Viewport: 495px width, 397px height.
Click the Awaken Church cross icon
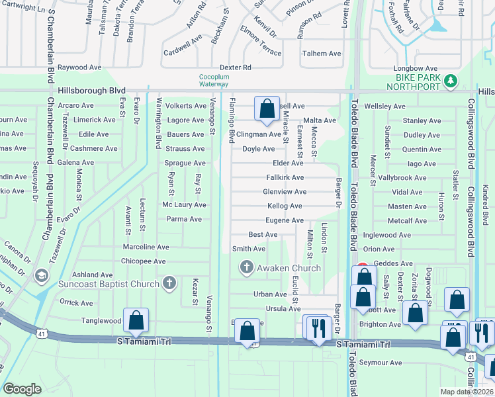coord(246,268)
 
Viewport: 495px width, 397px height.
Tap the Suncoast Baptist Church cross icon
coord(169,284)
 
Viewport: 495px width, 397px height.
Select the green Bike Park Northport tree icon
coord(451,80)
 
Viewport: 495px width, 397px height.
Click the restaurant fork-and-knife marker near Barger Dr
coord(318,326)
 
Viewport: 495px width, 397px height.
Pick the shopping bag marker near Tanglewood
coord(136,321)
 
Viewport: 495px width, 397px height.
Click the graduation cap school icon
coord(42,275)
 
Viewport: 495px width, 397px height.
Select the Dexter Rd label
coord(236,67)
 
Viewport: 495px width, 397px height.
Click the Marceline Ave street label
coord(146,247)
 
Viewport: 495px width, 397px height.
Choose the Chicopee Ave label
coord(144,261)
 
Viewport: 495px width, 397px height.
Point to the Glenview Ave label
coord(285,192)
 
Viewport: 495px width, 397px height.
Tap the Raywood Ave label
coord(79,67)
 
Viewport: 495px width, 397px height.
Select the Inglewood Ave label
coord(387,235)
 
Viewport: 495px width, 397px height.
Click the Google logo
coord(22,389)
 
